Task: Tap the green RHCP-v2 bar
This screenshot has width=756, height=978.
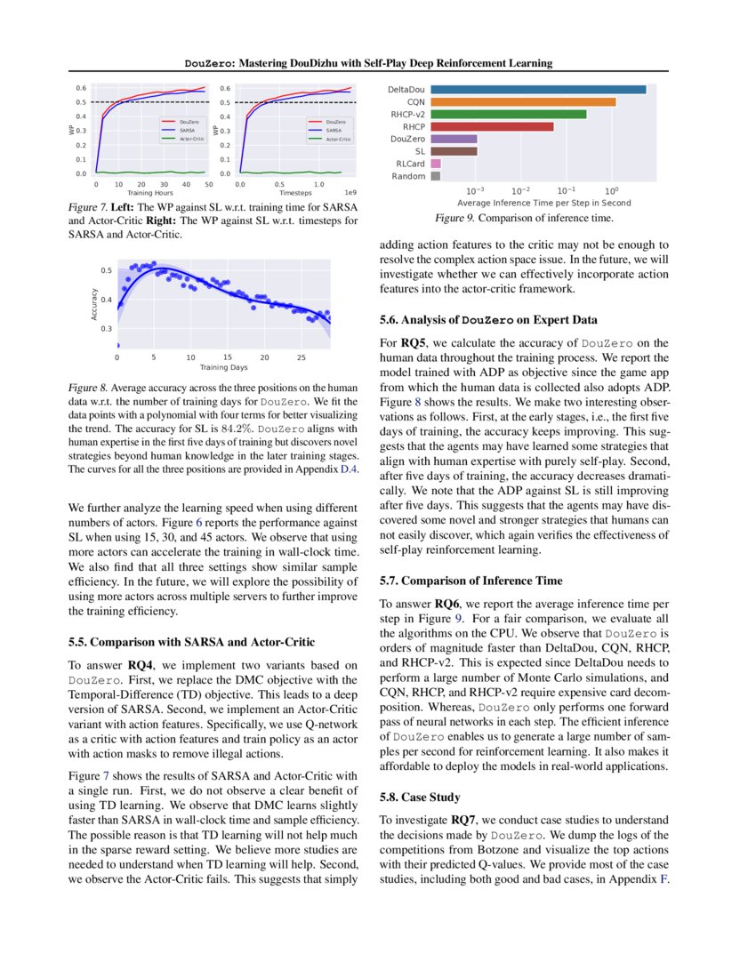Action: (508, 114)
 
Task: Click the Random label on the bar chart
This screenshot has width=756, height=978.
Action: (408, 176)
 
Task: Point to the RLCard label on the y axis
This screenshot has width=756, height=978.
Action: (410, 164)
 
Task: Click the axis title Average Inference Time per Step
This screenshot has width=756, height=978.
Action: (543, 204)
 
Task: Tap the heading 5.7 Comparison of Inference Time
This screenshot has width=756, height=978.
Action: (470, 581)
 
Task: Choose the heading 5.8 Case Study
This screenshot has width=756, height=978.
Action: (421, 798)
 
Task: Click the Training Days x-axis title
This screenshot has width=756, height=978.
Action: (223, 366)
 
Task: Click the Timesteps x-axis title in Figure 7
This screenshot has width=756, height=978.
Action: (295, 192)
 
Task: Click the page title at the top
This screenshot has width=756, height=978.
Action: (368, 63)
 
